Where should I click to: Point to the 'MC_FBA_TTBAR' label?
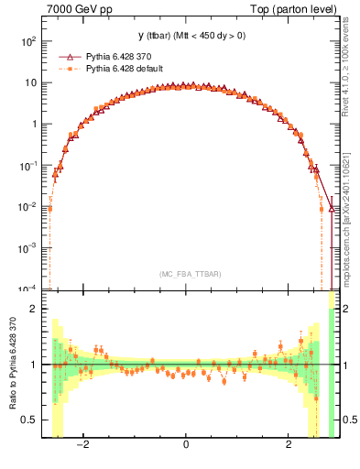coord(190,274)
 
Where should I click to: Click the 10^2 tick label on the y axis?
coord(27,42)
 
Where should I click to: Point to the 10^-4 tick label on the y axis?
coord(27,289)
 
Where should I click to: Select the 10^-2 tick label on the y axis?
coord(27,207)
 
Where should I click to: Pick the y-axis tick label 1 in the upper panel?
coord(33,125)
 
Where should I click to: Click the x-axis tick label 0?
coord(186,445)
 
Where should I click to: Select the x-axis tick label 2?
coord(289,445)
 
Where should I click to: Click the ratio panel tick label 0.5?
coord(29,420)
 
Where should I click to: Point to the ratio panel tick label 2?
coord(34,309)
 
